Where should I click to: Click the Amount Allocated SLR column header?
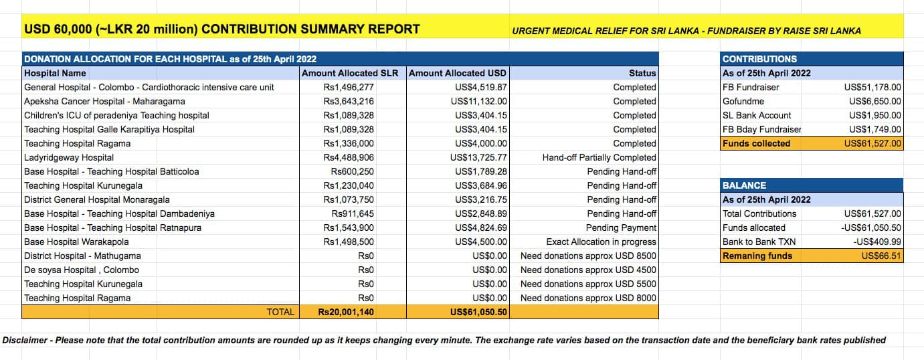point(350,73)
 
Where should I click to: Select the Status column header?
point(642,73)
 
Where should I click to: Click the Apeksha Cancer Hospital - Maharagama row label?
point(104,101)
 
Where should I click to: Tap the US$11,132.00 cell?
point(478,101)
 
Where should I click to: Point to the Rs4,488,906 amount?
point(349,157)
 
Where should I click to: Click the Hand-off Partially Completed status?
point(599,157)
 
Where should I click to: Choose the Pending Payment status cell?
point(621,228)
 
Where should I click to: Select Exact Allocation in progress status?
point(601,242)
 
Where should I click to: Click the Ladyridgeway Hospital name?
point(69,157)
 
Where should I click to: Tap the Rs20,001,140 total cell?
point(346,312)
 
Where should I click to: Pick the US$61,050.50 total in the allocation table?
point(478,312)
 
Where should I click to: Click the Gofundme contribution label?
point(743,101)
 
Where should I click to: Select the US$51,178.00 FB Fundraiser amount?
point(872,87)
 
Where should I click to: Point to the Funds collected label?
point(756,143)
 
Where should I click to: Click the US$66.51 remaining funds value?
point(881,256)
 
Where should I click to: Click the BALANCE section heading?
point(744,185)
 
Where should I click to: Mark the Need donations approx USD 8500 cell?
point(588,256)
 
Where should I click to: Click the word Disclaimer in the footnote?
point(25,340)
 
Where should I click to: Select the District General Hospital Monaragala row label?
point(96,199)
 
